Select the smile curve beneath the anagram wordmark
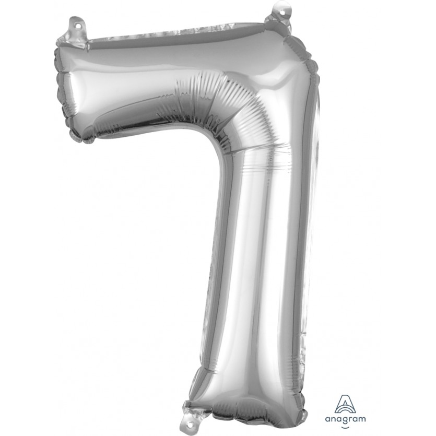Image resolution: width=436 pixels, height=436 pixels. (x=345, y=427)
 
